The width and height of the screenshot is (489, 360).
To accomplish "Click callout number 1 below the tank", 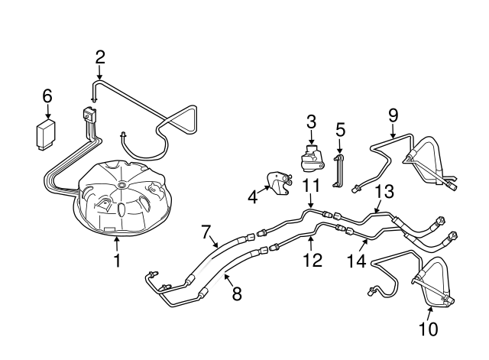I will coord(117,261).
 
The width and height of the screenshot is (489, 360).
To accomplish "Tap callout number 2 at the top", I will coord(100,56).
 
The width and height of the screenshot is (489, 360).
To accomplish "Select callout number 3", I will coord(311,121).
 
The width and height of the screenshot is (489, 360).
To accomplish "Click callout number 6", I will coord(47,96).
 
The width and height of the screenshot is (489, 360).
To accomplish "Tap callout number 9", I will coord(393,115).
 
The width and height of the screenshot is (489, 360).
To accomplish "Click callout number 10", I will coord(428,329).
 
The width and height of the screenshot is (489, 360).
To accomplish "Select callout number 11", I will coord(309,185).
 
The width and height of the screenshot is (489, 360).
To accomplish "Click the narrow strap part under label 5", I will coord(338,170).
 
